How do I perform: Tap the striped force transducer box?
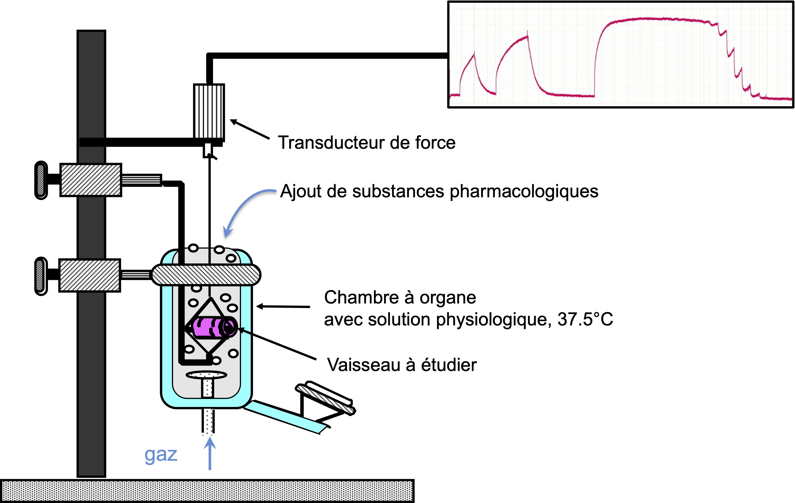coord(209,112)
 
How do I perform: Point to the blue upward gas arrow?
coord(210,453)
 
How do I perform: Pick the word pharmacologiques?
coord(524,192)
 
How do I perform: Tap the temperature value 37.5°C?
coord(585,320)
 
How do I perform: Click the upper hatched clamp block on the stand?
coord(91,180)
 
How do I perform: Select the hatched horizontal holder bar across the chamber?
coord(206,275)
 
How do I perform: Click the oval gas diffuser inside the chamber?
coord(206,375)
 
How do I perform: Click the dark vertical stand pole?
coord(92,254)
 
